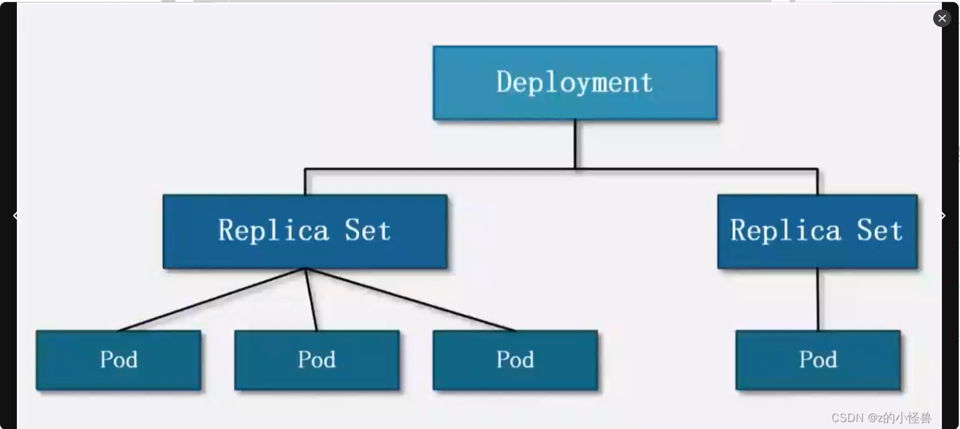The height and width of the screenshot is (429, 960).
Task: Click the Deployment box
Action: [x=574, y=82]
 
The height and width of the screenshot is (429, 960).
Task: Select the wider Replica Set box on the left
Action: [x=305, y=231]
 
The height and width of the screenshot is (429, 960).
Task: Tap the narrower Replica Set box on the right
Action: [x=817, y=231]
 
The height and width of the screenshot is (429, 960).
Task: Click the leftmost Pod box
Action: [x=119, y=360]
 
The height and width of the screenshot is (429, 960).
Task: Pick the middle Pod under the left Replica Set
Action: [x=316, y=360]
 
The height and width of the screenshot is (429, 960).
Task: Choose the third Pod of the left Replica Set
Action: [x=515, y=360]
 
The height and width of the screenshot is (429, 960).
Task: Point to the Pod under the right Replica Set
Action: [x=818, y=360]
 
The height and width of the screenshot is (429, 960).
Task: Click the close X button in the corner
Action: [x=942, y=18]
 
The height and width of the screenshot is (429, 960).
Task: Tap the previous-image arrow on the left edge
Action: [x=17, y=215]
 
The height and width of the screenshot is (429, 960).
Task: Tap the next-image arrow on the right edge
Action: [x=943, y=215]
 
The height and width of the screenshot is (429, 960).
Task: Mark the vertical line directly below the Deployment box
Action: [x=575, y=144]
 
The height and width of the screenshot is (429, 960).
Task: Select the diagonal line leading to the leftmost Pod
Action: [x=212, y=300]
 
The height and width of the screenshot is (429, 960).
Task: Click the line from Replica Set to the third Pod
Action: [x=410, y=300]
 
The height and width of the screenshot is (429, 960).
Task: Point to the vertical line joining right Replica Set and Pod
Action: [x=818, y=300]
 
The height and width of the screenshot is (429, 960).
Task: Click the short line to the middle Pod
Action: [x=311, y=300]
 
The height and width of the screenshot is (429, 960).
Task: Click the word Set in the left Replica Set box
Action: [x=368, y=230]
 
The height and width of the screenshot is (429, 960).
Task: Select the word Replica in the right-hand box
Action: [x=786, y=230]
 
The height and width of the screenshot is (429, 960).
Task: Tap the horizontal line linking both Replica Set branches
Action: [x=437, y=169]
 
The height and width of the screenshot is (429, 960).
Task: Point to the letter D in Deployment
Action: [x=504, y=82]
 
